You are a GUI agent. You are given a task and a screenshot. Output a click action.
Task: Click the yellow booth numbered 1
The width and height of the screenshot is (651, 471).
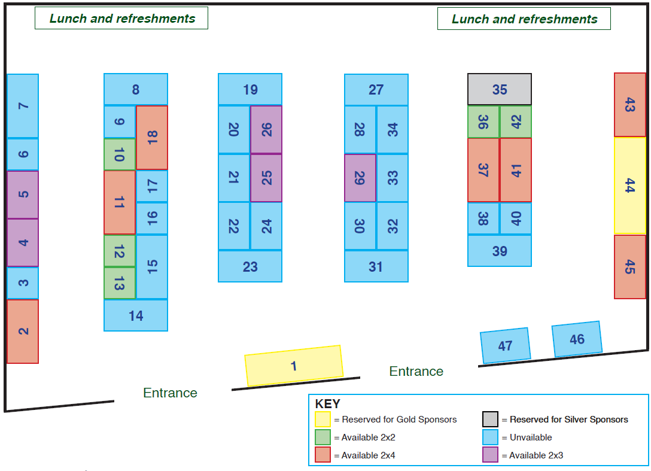point(294,366)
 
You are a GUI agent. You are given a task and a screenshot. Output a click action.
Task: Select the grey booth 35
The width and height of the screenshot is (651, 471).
point(500,89)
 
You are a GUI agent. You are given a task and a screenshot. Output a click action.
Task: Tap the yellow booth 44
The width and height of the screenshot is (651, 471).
point(630,186)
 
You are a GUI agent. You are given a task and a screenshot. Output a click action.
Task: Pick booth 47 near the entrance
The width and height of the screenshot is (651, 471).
point(505,345)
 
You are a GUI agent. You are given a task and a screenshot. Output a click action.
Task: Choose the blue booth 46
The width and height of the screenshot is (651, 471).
point(577,339)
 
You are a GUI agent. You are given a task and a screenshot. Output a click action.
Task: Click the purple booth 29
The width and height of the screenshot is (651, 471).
point(360,178)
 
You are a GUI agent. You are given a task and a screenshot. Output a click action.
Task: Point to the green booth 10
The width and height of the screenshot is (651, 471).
point(120,154)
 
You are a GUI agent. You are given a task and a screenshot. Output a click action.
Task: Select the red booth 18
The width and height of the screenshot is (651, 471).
point(152,138)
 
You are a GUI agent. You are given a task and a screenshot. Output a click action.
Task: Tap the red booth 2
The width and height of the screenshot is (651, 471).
point(23,332)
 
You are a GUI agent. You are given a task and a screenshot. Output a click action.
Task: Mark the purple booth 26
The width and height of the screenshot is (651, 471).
point(266,130)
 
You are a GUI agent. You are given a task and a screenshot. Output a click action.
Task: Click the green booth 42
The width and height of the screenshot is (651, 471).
point(516,121)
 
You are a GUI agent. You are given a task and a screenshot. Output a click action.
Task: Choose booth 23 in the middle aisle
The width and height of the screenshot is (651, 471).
point(250,266)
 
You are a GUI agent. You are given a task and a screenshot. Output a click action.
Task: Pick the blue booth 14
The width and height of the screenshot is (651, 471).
point(136,315)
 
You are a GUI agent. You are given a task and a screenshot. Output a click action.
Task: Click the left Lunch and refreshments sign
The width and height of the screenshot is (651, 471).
point(121,19)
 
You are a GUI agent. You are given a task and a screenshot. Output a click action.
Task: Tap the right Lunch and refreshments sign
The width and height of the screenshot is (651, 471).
point(524,19)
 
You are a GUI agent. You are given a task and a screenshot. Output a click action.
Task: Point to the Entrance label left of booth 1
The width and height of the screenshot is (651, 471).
point(170,393)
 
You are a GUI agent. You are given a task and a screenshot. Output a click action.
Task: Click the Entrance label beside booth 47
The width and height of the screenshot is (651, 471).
point(416,371)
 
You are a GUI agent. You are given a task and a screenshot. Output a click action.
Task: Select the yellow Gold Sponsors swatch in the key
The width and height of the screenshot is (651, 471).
point(323,419)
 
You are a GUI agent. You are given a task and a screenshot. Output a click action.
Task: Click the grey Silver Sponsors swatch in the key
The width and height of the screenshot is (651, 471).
point(490,419)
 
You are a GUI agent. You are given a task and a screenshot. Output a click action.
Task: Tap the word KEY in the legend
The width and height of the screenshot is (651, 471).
point(327,404)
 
